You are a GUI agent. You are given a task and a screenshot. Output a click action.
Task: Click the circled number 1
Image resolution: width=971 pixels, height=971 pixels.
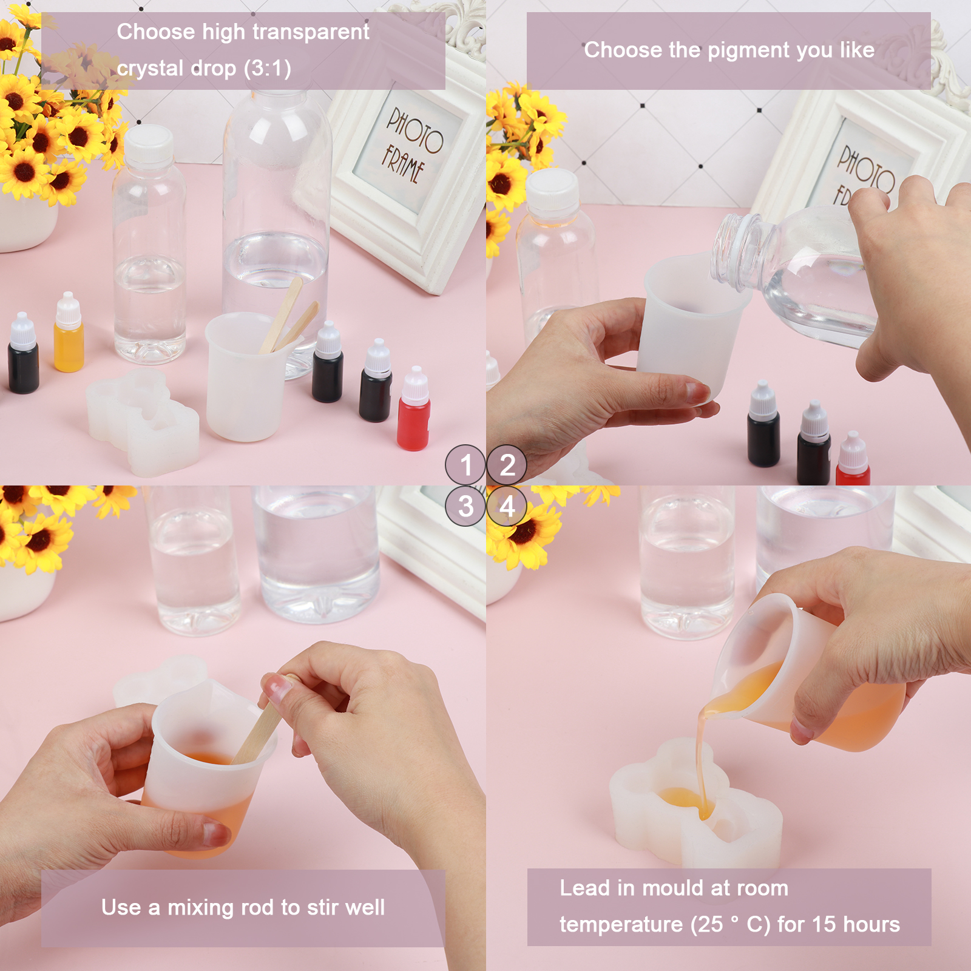(x=465, y=465)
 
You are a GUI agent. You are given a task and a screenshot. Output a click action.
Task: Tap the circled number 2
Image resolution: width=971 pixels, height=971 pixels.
(x=507, y=465)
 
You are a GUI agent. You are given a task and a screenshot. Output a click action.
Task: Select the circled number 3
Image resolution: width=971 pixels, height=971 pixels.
(x=465, y=506)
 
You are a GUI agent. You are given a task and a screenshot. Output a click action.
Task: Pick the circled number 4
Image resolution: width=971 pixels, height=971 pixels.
(x=507, y=506)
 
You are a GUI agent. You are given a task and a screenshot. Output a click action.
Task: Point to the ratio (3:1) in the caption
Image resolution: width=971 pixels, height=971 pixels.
(x=268, y=68)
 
